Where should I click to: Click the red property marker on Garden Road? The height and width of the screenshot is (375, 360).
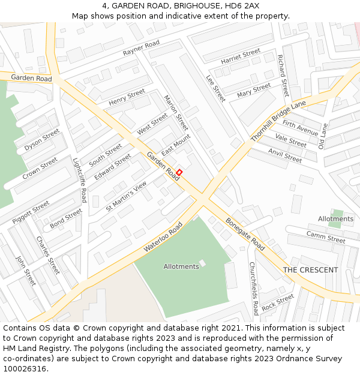(x=179, y=172)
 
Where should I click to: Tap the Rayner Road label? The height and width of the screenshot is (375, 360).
(x=141, y=49)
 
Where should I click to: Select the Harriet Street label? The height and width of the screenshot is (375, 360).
(x=240, y=57)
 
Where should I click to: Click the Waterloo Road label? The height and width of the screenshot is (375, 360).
(x=163, y=237)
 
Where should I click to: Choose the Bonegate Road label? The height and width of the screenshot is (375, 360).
(x=245, y=234)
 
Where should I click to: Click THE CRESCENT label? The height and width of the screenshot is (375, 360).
(x=310, y=270)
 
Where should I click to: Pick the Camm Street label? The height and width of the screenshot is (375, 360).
(x=326, y=237)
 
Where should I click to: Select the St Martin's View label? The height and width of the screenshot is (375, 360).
(x=126, y=196)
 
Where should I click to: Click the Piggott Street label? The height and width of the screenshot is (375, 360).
(x=31, y=212)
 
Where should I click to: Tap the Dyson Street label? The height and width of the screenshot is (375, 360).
(x=42, y=140)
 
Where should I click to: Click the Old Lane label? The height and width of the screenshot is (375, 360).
(x=323, y=136)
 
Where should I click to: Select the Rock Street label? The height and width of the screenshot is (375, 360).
(x=278, y=302)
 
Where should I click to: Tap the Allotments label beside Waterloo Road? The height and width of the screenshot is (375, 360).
(x=181, y=266)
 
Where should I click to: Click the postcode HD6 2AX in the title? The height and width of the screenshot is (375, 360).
(x=244, y=5)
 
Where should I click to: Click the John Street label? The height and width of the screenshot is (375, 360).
(x=26, y=271)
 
